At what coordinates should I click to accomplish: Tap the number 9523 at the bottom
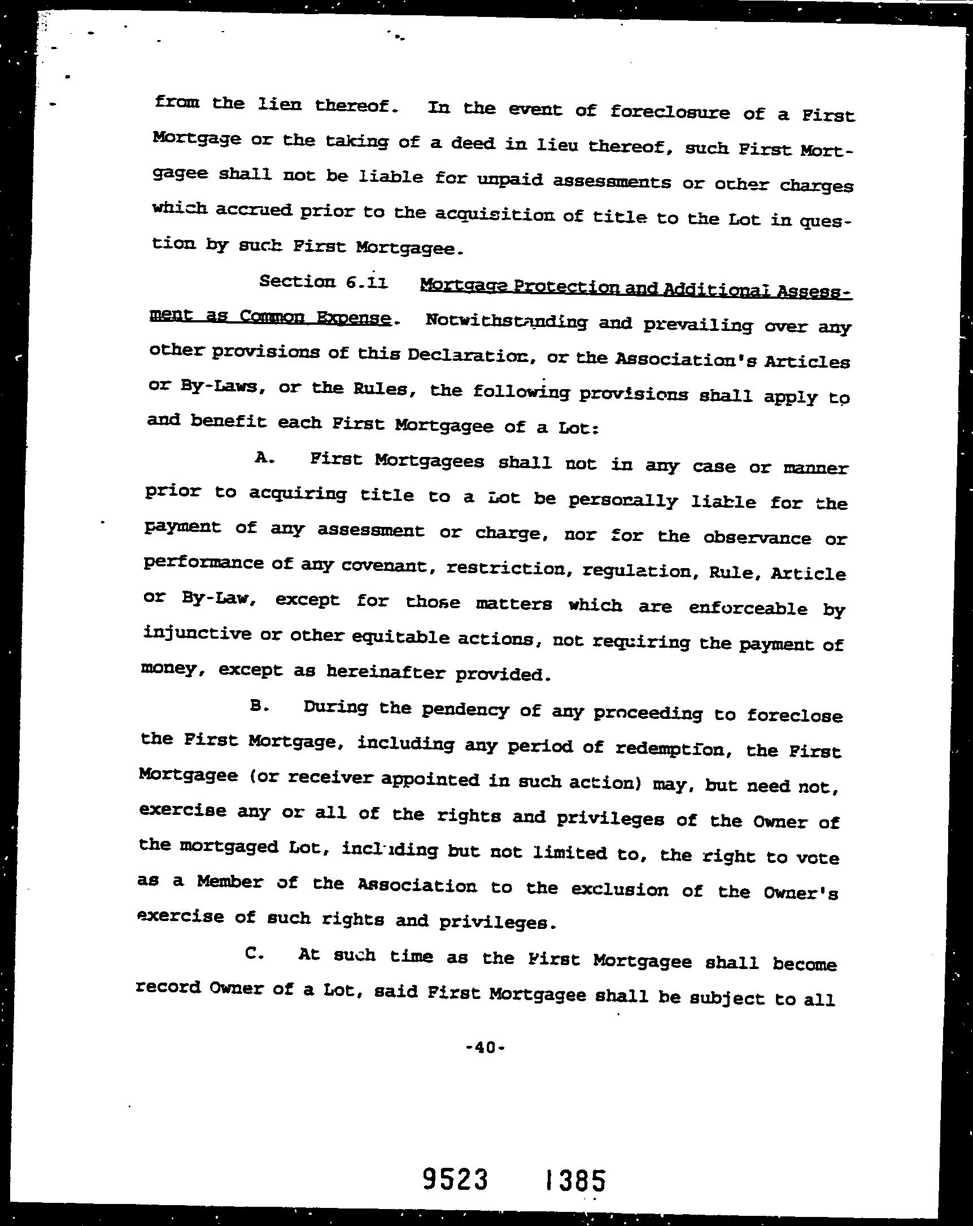click(x=456, y=1163)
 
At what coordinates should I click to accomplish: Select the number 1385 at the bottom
click(x=575, y=1164)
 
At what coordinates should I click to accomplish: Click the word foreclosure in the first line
click(x=669, y=112)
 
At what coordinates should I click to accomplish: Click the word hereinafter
click(x=387, y=671)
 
